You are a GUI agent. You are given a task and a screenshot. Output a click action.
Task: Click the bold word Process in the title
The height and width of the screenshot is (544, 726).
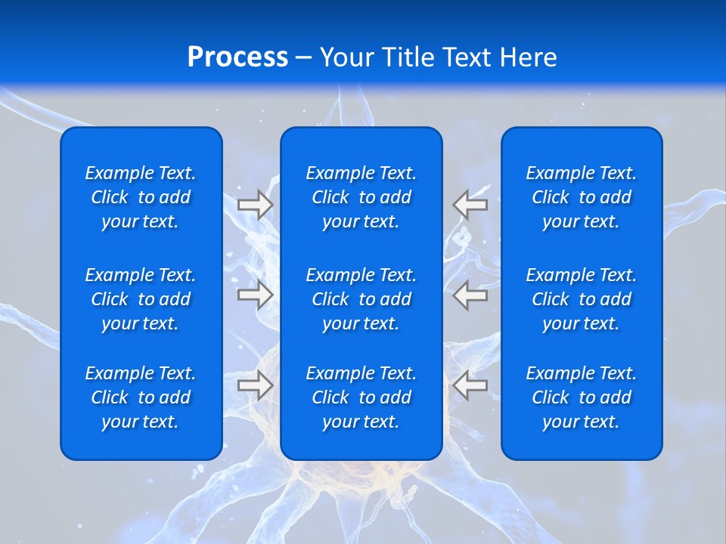(237, 57)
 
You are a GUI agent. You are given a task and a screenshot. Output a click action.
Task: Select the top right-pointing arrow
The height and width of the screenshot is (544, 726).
(255, 205)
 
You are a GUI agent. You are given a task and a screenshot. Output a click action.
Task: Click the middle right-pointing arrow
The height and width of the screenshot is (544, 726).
(255, 295)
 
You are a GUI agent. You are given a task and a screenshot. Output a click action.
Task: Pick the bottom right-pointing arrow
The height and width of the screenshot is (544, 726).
(255, 385)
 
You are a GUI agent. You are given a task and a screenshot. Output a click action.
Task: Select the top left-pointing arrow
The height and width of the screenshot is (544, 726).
(470, 205)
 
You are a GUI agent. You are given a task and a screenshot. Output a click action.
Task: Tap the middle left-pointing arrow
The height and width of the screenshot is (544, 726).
(470, 295)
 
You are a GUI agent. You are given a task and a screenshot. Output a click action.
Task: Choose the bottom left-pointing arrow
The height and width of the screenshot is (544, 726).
(470, 385)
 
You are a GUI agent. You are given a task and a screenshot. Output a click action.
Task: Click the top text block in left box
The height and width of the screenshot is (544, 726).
(141, 197)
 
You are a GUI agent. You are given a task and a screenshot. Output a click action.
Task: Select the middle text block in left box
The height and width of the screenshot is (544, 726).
(141, 299)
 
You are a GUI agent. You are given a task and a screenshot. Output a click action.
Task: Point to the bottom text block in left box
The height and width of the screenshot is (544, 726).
(141, 397)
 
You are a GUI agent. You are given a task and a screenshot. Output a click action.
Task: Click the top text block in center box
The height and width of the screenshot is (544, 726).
(361, 197)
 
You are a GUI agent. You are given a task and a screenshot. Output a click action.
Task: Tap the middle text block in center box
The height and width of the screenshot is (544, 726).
(361, 299)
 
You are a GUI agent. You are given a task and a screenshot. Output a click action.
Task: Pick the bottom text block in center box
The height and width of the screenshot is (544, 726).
(361, 397)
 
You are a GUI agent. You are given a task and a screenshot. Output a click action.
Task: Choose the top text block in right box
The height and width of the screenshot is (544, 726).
(581, 197)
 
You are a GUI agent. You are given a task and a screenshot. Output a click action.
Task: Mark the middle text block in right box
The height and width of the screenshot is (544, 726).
(581, 299)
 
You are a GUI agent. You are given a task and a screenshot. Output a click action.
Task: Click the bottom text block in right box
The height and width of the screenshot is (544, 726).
(581, 397)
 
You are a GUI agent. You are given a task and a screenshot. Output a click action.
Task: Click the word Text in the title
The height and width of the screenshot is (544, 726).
(467, 57)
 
